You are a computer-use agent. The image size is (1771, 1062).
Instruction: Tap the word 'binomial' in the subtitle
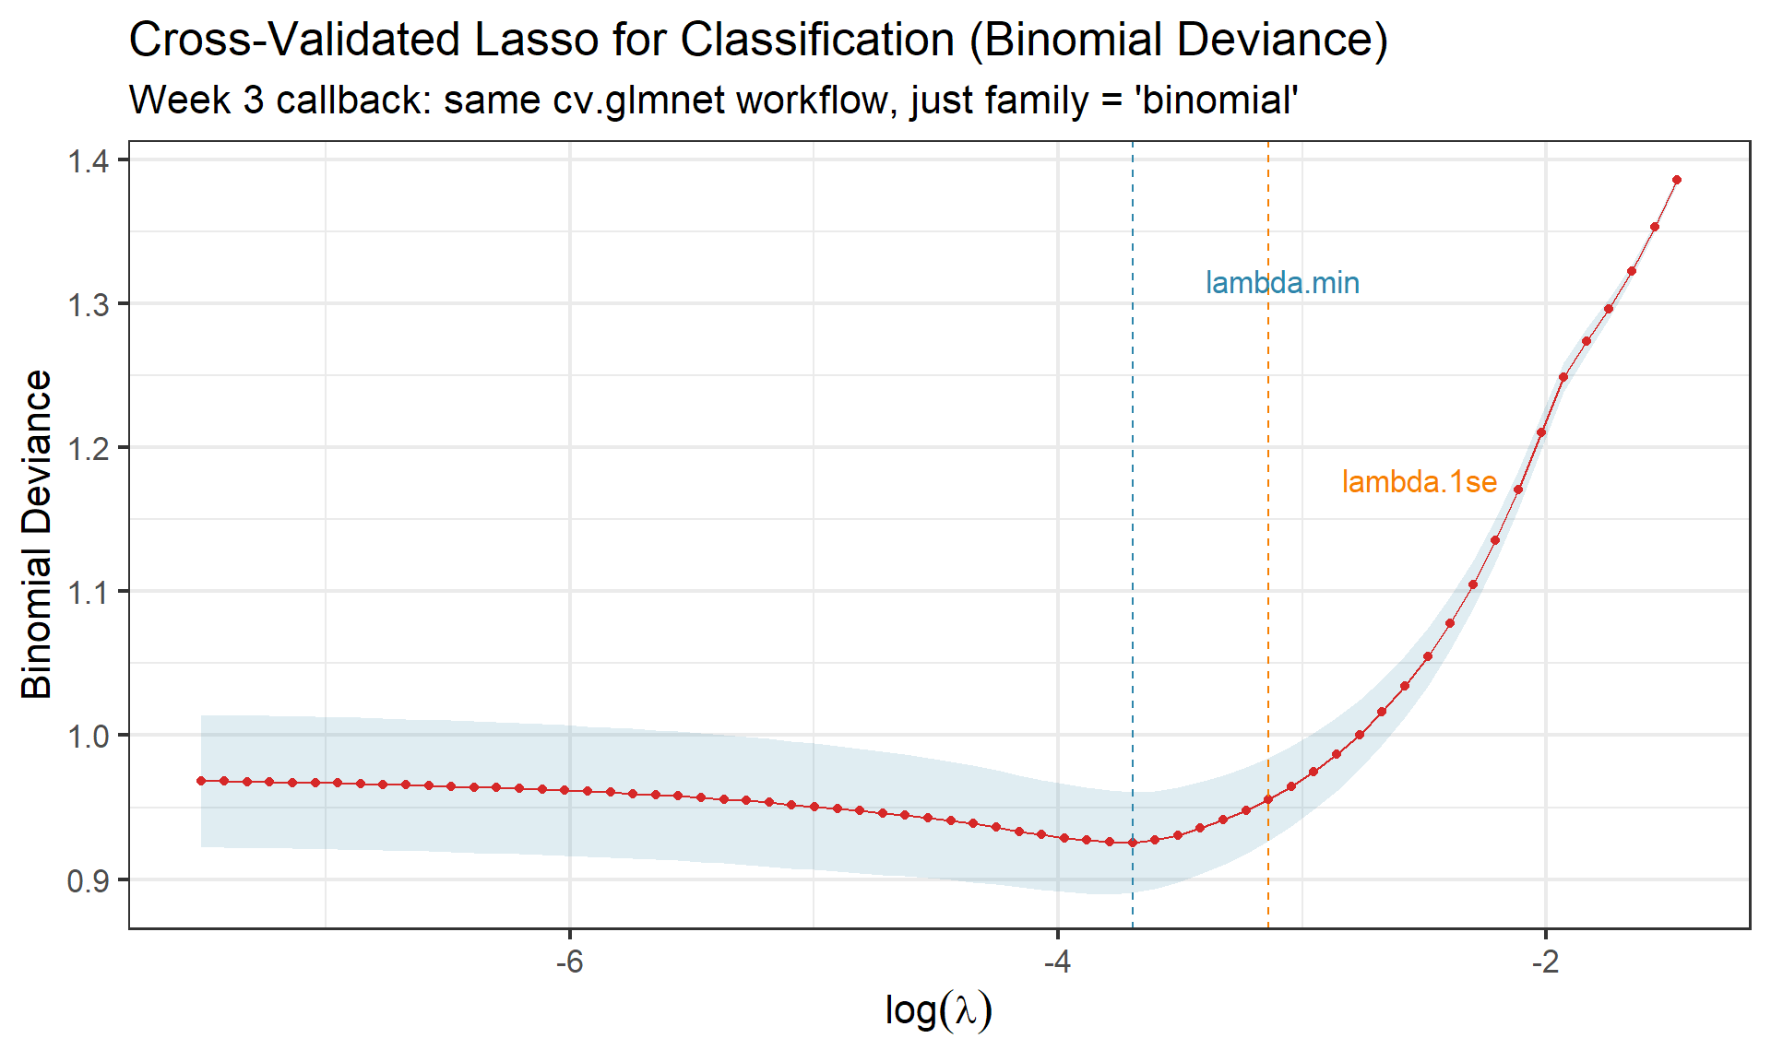point(1219,100)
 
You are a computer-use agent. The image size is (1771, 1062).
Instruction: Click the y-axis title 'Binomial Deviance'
point(37,534)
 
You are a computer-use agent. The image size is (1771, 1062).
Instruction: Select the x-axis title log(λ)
point(938,1009)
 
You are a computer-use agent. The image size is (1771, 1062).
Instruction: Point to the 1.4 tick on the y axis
point(88,161)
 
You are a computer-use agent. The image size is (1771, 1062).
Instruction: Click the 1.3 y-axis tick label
point(88,305)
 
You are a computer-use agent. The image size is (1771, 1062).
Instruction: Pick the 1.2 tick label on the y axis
point(88,449)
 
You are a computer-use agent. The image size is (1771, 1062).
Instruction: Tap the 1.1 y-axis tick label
point(88,592)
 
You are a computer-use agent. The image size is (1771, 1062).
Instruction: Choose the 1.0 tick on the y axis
point(88,736)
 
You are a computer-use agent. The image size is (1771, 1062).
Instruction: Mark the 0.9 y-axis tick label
point(88,880)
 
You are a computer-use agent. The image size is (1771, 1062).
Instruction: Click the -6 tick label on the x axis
point(569,962)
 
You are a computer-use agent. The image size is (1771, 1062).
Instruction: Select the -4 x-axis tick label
point(1057,962)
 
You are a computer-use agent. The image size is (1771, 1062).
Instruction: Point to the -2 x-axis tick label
point(1545,962)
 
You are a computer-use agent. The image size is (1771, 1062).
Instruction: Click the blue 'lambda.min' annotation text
point(1282,283)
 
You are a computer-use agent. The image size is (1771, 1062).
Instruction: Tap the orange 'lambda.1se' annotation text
point(1419,482)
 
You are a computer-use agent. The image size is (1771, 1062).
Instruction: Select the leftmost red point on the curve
point(201,781)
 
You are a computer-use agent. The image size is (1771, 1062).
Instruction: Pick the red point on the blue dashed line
point(1133,843)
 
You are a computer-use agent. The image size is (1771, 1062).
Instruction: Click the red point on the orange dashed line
point(1268,799)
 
